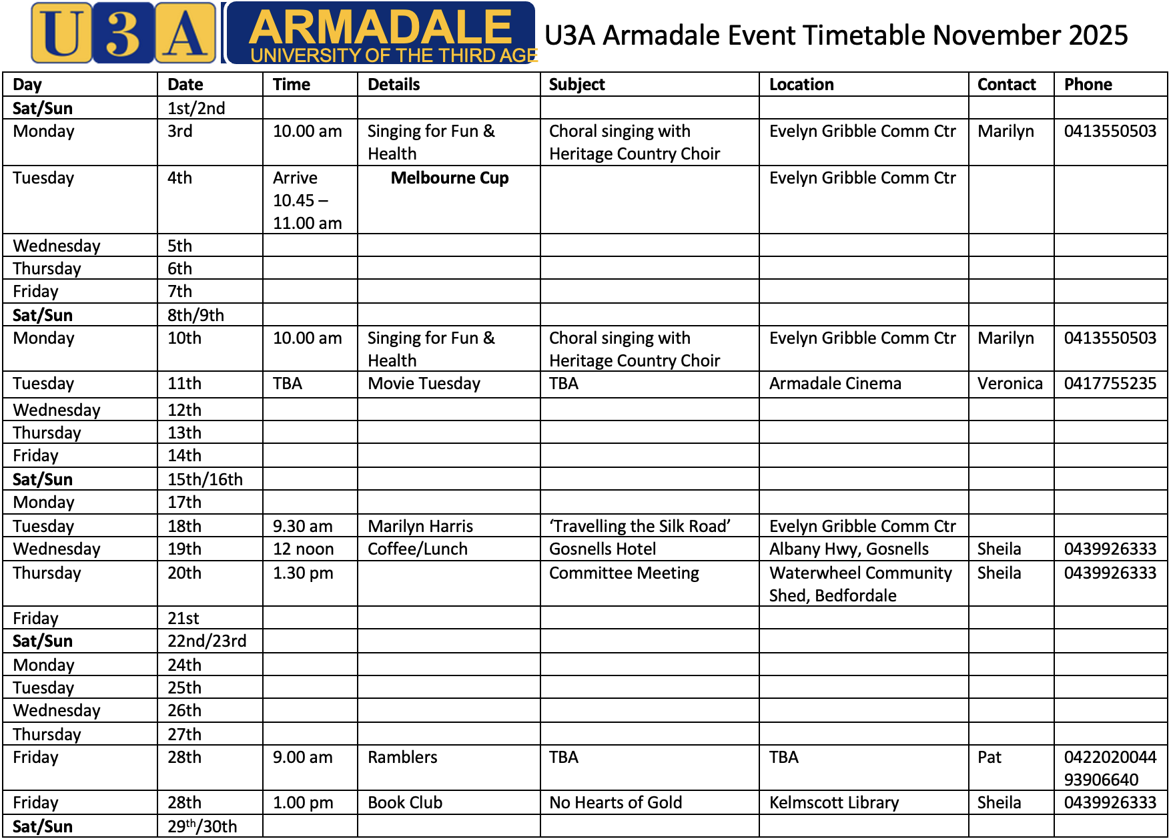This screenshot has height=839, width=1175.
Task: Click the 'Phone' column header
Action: (1088, 85)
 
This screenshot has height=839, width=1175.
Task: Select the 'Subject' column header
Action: (576, 85)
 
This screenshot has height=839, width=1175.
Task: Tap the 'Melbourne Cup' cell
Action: (450, 178)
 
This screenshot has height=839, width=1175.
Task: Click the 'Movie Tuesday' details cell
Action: (424, 384)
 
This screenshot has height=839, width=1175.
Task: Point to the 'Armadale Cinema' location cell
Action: (835, 384)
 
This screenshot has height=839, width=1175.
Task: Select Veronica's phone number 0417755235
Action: (1110, 384)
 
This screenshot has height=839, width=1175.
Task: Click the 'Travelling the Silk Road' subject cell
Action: (640, 527)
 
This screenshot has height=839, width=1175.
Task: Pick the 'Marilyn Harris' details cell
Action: (420, 527)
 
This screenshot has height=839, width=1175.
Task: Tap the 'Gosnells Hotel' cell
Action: (603, 549)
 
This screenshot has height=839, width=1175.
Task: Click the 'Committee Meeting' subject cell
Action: (624, 573)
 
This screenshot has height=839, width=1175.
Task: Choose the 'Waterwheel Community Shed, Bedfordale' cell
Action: (861, 584)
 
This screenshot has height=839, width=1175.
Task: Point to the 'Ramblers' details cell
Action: (402, 758)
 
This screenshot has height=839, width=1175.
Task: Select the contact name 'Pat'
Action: (990, 758)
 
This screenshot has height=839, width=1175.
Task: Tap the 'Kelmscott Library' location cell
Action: (834, 803)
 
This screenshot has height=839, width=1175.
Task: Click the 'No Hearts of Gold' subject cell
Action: (615, 803)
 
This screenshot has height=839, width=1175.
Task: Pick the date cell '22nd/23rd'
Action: (207, 641)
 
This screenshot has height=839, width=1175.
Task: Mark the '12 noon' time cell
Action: (304, 549)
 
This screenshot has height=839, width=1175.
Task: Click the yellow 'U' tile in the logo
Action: (61, 33)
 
